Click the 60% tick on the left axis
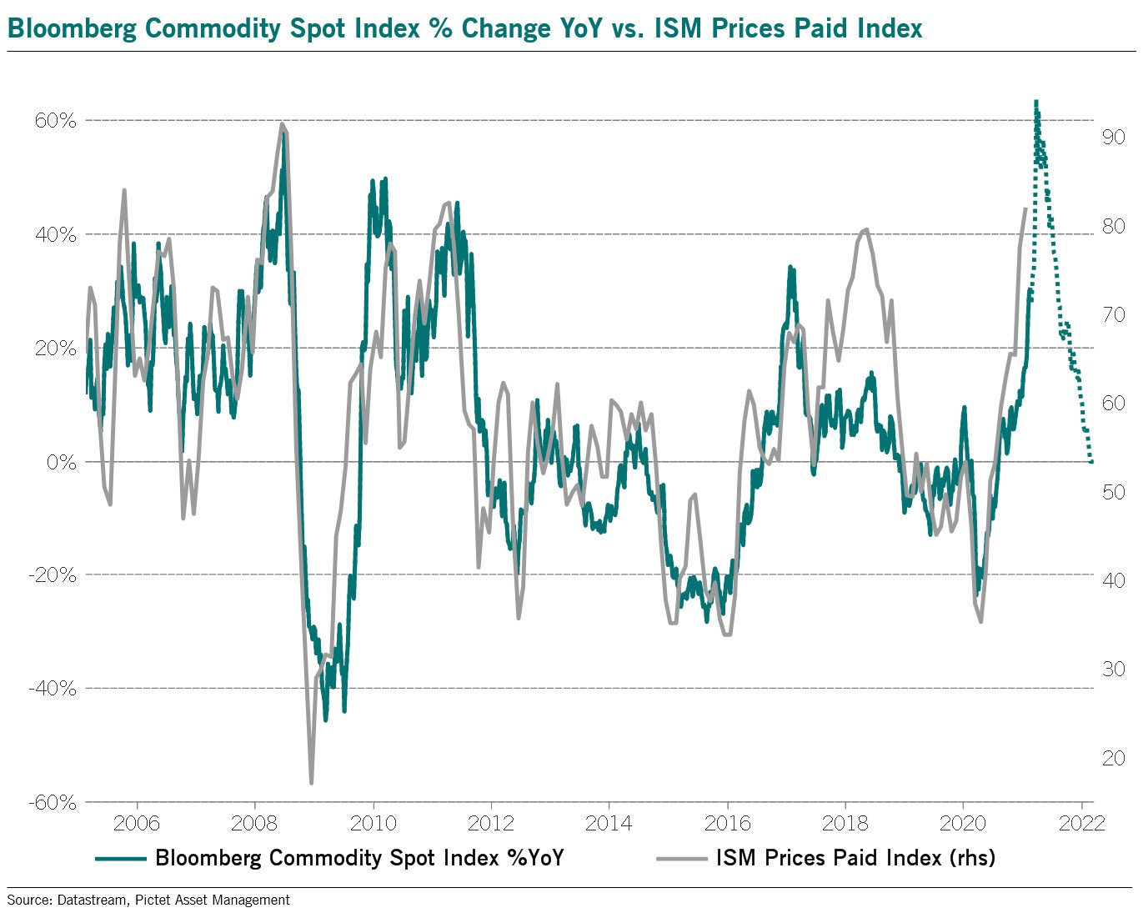coord(55,121)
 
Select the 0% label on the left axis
coord(61,462)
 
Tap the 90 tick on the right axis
coord(1113,137)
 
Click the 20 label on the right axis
coord(1113,758)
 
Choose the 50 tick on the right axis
coord(1113,492)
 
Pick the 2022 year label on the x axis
coord(1081,823)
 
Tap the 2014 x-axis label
coord(609,823)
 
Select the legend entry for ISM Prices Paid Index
coord(855,857)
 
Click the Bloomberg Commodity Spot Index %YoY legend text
coord(359,857)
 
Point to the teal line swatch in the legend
coord(121,858)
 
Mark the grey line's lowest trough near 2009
coord(311,782)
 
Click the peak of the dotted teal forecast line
coord(1035,102)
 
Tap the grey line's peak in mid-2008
coord(283,124)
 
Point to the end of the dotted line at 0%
coord(1091,461)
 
